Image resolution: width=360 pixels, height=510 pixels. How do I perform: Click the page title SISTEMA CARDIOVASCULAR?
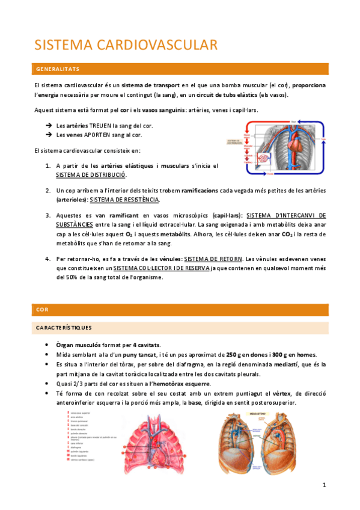pyautogui.click(x=126, y=45)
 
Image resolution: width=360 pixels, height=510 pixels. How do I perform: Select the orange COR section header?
pyautogui.click(x=42, y=310)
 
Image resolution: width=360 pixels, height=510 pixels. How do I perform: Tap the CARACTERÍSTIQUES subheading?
pyautogui.click(x=64, y=328)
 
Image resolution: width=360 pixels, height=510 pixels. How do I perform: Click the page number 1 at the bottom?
pyautogui.click(x=323, y=485)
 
